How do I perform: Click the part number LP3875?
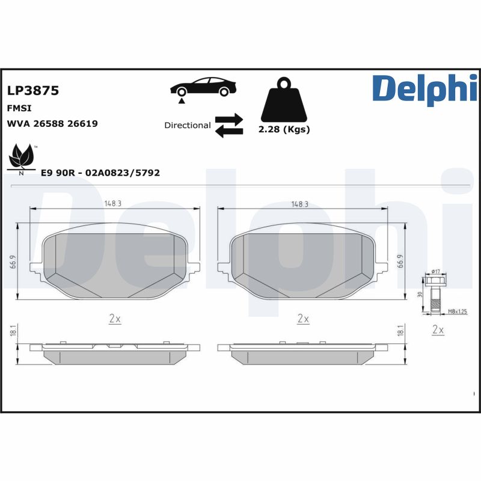point(32,91)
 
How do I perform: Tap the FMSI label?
point(19,108)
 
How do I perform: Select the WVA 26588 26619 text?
point(52,123)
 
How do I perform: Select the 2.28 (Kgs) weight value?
point(284,130)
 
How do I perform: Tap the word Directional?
point(187,126)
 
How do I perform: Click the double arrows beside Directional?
point(228,125)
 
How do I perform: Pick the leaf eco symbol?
point(23,158)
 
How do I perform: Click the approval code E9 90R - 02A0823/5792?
point(100,173)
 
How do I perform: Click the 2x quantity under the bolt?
point(438,330)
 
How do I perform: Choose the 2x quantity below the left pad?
point(114,319)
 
